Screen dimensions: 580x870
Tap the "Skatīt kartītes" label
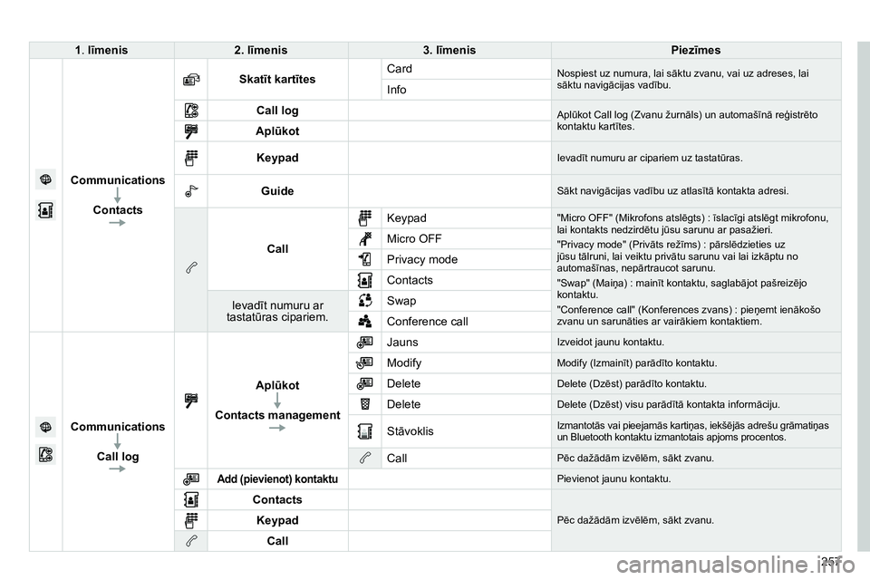(x=276, y=80)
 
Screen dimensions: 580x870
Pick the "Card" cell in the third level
(x=400, y=69)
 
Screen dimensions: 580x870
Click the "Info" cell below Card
(x=398, y=91)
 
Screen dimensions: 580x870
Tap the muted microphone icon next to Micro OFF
(x=363, y=238)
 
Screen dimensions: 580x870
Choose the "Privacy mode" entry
(x=421, y=259)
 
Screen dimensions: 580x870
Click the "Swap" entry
(x=402, y=300)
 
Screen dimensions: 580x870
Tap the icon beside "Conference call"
(x=363, y=321)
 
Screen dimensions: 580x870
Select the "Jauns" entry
(x=402, y=343)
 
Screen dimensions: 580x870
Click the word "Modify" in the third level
(x=404, y=362)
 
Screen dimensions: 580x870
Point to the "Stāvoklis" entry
(x=411, y=430)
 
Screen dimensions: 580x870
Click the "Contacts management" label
(x=277, y=415)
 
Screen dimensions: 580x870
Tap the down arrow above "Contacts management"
(x=277, y=400)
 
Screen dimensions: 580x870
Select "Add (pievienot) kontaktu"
(x=277, y=478)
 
